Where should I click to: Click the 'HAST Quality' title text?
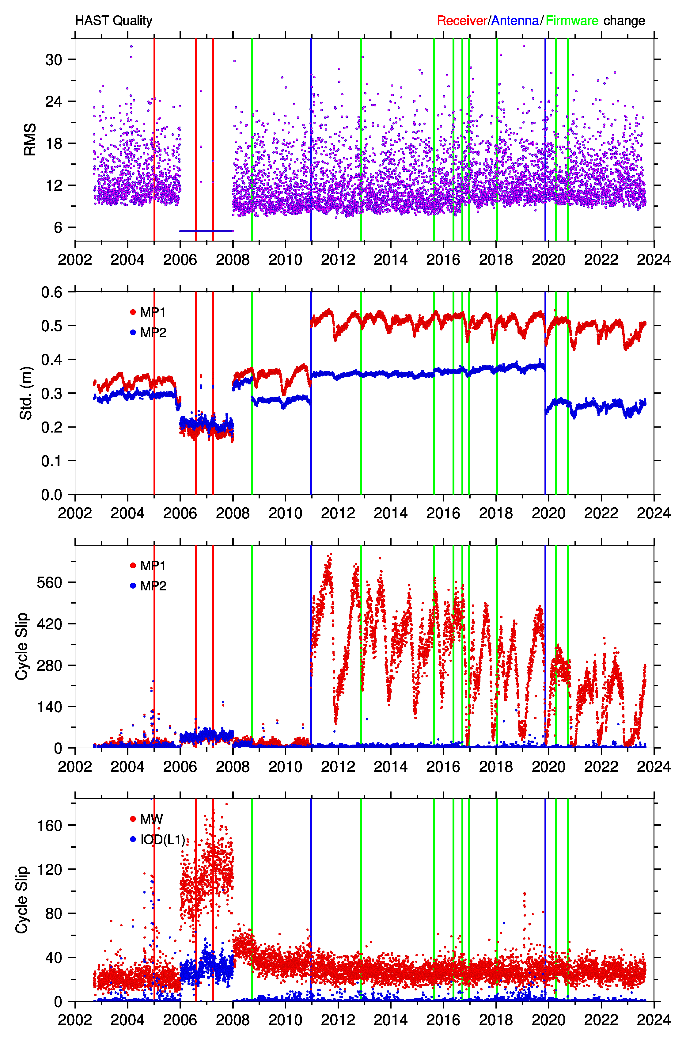pyautogui.click(x=114, y=21)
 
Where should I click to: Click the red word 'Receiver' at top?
pyautogui.click(x=462, y=21)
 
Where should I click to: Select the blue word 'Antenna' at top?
pyautogui.click(x=515, y=21)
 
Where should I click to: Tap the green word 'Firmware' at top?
pyautogui.click(x=572, y=21)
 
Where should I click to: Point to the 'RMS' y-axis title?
pyautogui.click(x=30, y=139)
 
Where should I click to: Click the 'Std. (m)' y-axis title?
pyautogui.click(x=26, y=393)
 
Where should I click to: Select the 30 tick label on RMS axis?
pyautogui.click(x=54, y=59)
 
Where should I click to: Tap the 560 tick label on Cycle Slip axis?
pyautogui.click(x=49, y=582)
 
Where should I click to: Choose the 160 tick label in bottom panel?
pyautogui.click(x=49, y=825)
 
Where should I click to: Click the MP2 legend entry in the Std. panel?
pyautogui.click(x=148, y=333)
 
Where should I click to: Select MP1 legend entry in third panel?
pyautogui.click(x=148, y=566)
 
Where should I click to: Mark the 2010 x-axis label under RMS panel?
pyautogui.click(x=285, y=260)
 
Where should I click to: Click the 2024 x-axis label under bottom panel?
pyautogui.click(x=654, y=1020)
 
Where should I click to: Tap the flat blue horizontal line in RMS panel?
pyautogui.click(x=207, y=231)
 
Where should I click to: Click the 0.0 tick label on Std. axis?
pyautogui.click(x=51, y=495)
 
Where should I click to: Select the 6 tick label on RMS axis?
pyautogui.click(x=58, y=227)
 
